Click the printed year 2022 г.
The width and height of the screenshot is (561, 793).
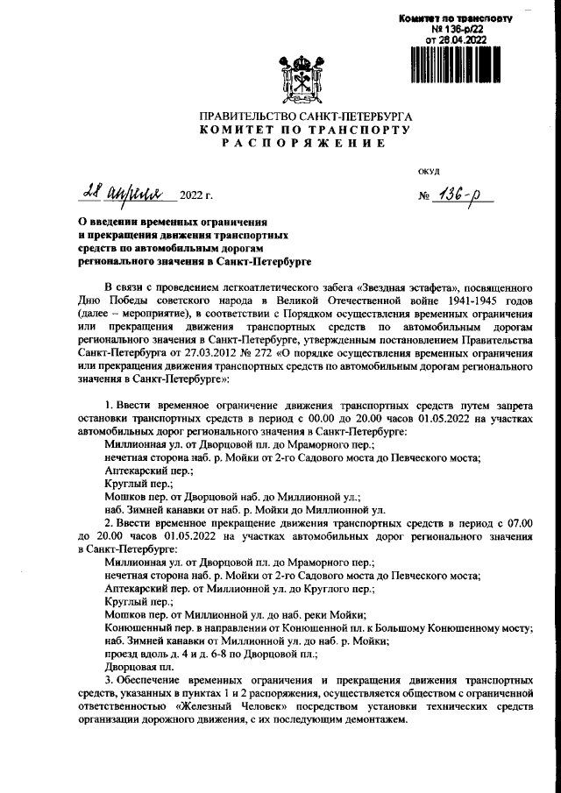click(x=196, y=195)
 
